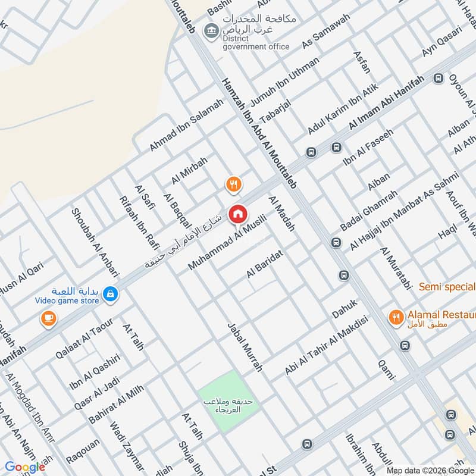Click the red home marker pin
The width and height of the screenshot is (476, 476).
pyautogui.click(x=239, y=214)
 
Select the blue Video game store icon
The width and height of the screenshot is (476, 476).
pyautogui.click(x=110, y=293)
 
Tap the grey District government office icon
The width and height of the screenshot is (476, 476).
pyautogui.click(x=210, y=30)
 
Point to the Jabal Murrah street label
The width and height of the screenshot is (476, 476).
pyautogui.click(x=245, y=347)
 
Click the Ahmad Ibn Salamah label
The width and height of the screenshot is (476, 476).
pyautogui.click(x=186, y=125)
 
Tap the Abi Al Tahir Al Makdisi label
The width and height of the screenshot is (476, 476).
pyautogui.click(x=327, y=345)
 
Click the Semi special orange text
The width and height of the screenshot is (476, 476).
pyautogui.click(x=447, y=287)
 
